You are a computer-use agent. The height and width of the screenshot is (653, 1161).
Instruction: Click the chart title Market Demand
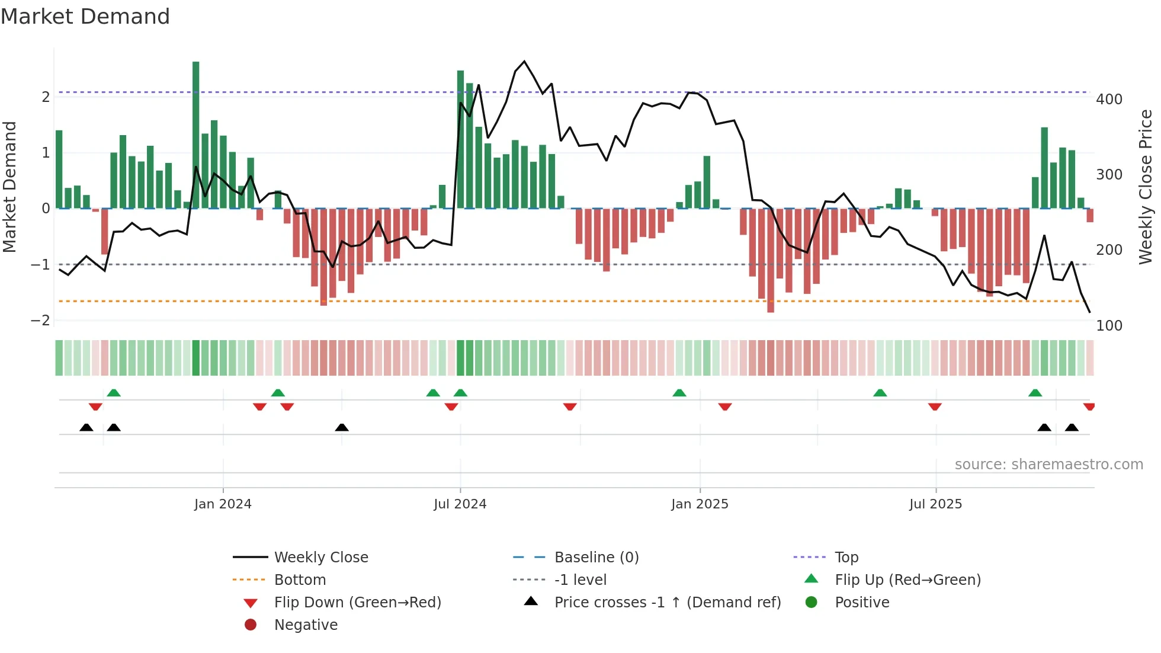click(85, 17)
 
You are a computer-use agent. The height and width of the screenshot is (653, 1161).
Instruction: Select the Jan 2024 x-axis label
click(223, 504)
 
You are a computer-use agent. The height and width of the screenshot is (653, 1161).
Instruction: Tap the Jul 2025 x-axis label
click(935, 504)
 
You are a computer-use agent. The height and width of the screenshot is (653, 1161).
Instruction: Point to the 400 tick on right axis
click(1109, 100)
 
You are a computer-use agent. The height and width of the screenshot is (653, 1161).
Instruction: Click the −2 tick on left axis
click(41, 321)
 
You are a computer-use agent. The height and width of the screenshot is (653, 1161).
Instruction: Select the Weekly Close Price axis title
click(1146, 187)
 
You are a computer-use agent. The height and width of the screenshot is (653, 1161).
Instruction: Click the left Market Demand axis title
click(9, 187)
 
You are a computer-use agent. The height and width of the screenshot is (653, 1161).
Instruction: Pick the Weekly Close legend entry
click(320, 558)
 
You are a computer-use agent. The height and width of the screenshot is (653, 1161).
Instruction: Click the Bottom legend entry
click(300, 580)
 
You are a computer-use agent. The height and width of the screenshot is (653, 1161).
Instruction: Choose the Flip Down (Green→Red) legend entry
click(357, 603)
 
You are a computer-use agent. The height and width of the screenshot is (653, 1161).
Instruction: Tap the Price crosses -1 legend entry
click(667, 603)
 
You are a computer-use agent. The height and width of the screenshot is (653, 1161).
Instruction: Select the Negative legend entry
click(306, 625)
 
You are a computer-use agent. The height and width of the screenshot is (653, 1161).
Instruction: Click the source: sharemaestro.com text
click(1048, 465)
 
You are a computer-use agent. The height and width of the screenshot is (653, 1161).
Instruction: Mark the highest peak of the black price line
click(524, 62)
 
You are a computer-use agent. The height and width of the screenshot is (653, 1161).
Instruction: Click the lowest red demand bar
click(771, 261)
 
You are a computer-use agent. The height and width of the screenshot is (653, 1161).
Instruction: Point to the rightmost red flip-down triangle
click(1089, 406)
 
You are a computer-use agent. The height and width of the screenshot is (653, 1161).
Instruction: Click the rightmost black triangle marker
click(1072, 427)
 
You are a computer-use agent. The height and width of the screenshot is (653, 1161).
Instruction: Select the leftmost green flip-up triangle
click(114, 393)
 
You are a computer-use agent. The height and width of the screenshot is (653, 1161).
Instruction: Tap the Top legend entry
click(846, 558)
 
